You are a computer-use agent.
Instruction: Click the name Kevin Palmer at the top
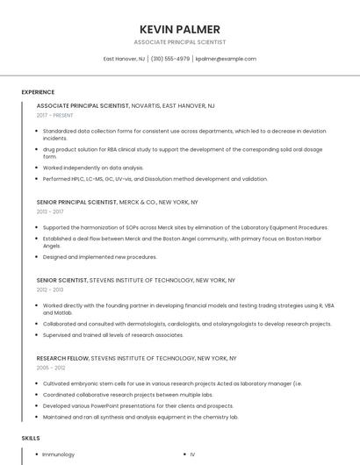tap(180, 29)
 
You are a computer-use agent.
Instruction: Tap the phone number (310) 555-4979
tap(170, 59)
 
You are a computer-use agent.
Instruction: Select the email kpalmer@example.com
tap(226, 59)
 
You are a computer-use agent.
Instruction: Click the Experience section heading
tap(38, 92)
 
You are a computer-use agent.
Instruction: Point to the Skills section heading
tap(31, 437)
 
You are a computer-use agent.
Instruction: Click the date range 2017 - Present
tap(55, 115)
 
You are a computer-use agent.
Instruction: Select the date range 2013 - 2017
tap(50, 211)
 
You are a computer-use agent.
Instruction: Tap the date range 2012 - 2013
tap(50, 290)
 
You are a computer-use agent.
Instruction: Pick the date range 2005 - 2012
tap(50, 368)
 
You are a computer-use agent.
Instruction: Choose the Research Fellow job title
tap(62, 358)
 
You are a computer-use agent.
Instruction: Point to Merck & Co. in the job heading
tap(138, 202)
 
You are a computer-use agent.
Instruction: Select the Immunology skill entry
tap(59, 454)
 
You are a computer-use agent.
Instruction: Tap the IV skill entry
tap(192, 454)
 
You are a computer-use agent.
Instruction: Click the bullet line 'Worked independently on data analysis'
tap(93, 168)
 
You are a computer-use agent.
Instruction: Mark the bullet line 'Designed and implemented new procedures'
tap(100, 257)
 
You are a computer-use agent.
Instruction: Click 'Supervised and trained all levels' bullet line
tap(101, 335)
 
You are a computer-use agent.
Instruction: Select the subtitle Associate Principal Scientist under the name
tap(180, 42)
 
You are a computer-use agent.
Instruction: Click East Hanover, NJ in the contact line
tap(125, 59)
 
